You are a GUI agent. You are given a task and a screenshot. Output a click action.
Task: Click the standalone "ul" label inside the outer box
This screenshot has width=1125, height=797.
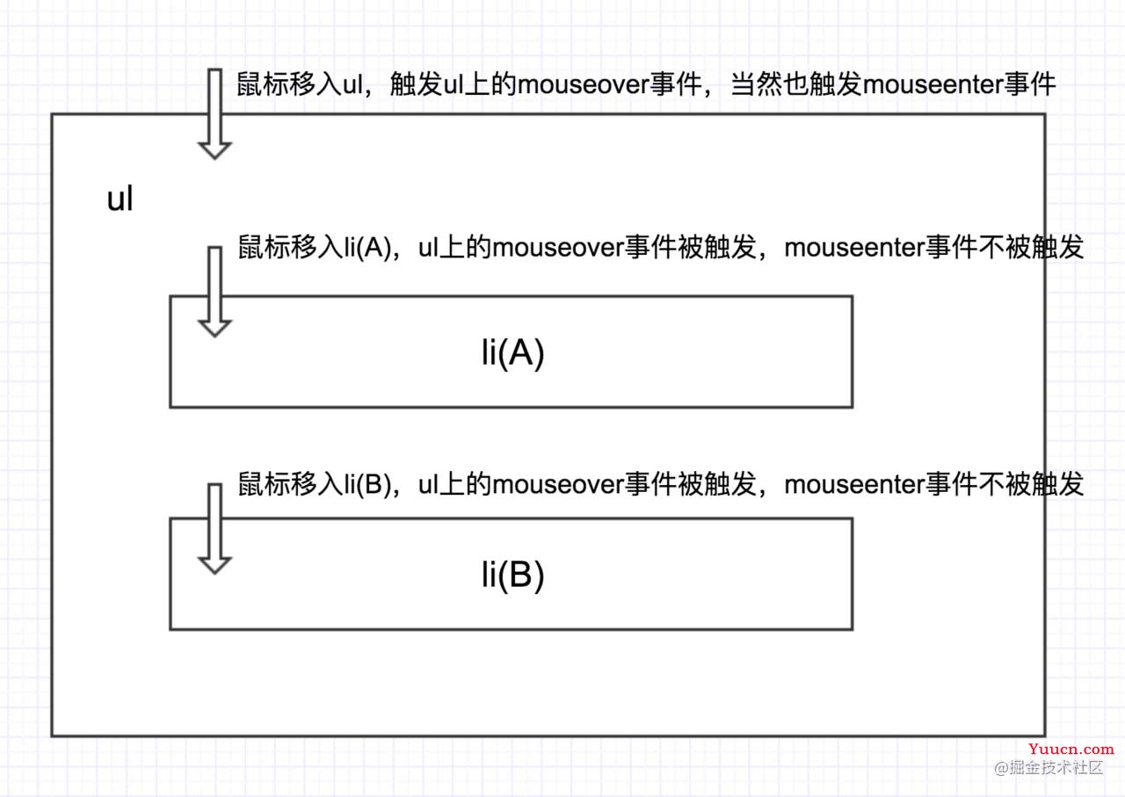(x=120, y=199)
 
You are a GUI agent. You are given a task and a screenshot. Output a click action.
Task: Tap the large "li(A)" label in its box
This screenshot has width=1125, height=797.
(x=512, y=353)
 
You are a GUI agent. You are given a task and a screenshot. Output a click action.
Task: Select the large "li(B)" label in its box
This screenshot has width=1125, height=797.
(x=512, y=575)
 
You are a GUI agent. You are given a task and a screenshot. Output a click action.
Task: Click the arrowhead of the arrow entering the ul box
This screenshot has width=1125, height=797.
(x=214, y=150)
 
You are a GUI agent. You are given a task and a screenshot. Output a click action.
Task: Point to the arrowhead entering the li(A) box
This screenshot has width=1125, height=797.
(x=214, y=329)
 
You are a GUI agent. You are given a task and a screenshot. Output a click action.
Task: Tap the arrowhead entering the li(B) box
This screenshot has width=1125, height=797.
(x=214, y=566)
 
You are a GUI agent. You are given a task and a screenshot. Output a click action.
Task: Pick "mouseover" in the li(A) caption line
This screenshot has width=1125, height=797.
(x=558, y=248)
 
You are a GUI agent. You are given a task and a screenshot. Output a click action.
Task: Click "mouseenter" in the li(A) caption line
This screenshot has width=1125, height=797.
(x=854, y=248)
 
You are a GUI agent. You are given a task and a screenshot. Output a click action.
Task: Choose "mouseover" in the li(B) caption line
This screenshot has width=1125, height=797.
(x=558, y=485)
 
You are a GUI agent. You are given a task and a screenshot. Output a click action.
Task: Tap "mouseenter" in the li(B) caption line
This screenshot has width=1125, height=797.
(x=854, y=485)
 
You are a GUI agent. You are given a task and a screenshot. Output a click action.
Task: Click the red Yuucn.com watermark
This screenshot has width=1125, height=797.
(x=1071, y=750)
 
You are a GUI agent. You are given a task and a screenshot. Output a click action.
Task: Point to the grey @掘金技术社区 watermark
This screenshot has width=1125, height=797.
(x=1049, y=767)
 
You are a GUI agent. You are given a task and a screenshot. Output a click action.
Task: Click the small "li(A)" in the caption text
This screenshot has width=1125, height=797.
(x=367, y=248)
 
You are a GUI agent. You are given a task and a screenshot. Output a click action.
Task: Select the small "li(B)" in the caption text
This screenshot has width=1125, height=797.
(x=367, y=485)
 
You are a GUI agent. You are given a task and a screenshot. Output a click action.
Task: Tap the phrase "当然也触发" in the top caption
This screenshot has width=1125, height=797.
(x=796, y=84)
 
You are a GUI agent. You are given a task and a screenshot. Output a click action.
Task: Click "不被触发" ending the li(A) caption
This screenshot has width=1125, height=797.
(x=1031, y=248)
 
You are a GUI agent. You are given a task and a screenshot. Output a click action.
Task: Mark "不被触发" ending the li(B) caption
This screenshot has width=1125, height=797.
(x=1031, y=485)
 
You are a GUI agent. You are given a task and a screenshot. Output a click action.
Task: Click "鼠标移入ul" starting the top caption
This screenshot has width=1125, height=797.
(x=300, y=84)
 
